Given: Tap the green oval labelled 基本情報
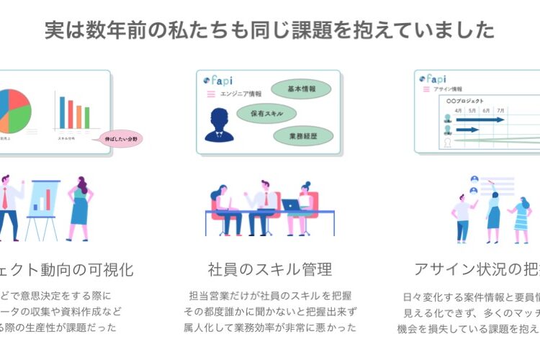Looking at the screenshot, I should pos(301,89).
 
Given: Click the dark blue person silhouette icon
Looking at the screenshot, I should pos(217,125).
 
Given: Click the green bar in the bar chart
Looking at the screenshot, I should pos(87,117).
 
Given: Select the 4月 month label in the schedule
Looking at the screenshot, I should pos(458,110).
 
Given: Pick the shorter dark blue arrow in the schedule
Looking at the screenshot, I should pos(467,130).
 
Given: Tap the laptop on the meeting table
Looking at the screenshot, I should pos(290,204).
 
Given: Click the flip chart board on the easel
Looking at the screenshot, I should pos(42,196).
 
